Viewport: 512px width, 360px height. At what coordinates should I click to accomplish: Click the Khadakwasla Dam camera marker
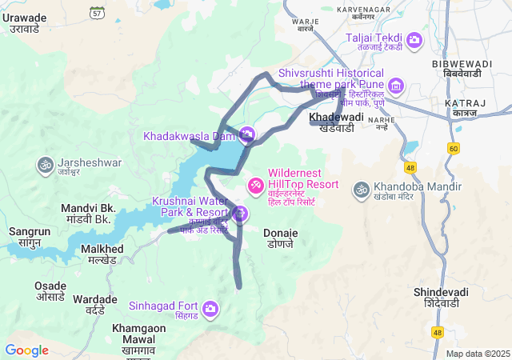click(x=247, y=133)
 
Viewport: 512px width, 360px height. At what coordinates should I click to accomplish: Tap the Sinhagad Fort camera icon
click(x=210, y=308)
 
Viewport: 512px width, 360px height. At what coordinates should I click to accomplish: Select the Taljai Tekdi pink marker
click(x=414, y=39)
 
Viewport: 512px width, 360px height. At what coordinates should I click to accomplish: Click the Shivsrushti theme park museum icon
click(x=395, y=86)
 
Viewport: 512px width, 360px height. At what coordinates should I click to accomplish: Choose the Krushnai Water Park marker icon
click(x=240, y=214)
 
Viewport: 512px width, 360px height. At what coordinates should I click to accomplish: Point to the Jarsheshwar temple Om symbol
click(x=44, y=164)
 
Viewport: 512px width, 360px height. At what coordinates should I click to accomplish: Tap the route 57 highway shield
click(x=97, y=13)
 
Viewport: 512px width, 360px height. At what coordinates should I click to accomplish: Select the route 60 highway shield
click(x=454, y=149)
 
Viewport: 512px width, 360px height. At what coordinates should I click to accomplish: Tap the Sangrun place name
click(x=30, y=238)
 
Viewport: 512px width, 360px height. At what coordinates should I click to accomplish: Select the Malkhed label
click(x=102, y=254)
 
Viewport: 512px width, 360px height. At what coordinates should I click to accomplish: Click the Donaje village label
click(x=281, y=238)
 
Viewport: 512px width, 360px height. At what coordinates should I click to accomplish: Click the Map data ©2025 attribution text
click(x=477, y=354)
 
